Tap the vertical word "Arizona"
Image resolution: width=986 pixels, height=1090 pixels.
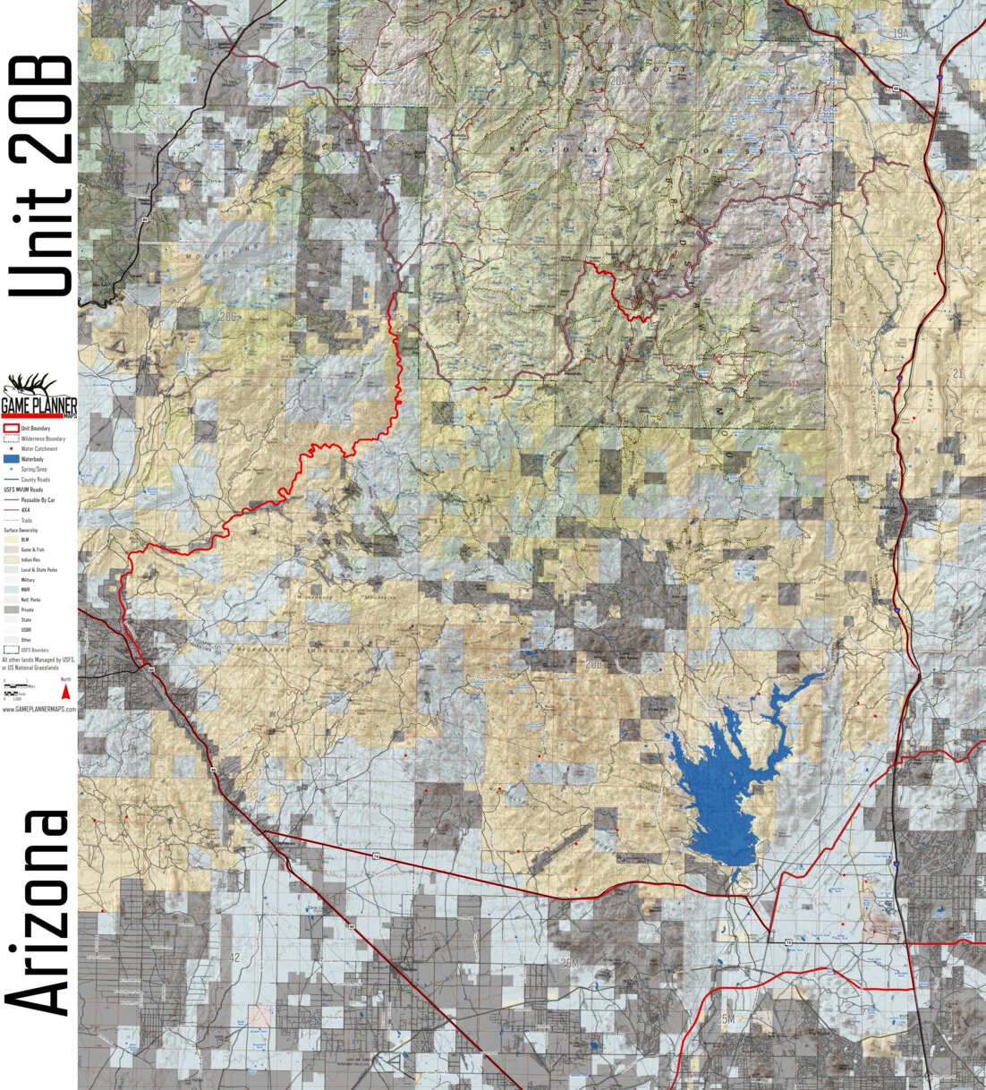click(38, 913)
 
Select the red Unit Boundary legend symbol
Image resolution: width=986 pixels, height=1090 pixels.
click(11, 429)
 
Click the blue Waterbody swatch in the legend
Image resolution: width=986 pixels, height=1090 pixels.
click(11, 459)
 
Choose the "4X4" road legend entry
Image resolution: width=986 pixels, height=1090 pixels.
click(26, 510)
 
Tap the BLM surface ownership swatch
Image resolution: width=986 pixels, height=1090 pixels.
click(11, 540)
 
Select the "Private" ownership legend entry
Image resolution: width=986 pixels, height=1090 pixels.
click(26, 609)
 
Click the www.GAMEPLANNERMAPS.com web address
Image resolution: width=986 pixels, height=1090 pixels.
click(38, 709)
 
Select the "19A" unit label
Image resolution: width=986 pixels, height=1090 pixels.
click(899, 34)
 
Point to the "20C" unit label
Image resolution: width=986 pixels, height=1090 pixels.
click(229, 317)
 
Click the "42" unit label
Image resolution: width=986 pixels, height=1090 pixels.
click(235, 958)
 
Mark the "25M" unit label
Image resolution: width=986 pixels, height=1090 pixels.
click(725, 1019)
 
